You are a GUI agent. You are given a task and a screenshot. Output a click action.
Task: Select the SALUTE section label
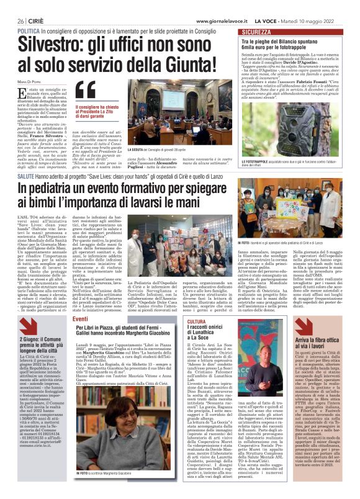coord(25,160)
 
